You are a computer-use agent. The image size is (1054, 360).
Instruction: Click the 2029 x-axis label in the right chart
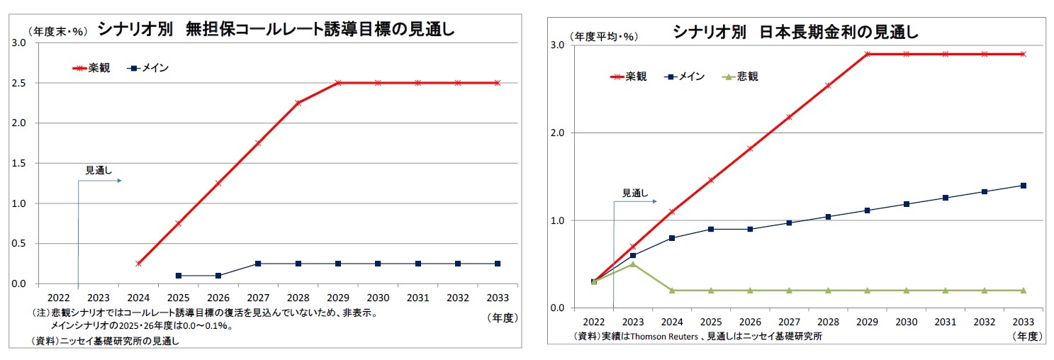[x=867, y=320]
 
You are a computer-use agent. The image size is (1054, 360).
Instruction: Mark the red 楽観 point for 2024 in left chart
[x=138, y=264]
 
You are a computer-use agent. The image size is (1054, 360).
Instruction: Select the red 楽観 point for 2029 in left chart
[x=338, y=83]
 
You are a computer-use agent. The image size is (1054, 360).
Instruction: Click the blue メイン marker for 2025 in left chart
[x=178, y=276]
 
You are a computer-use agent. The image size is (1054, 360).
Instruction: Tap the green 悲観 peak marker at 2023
[x=632, y=264]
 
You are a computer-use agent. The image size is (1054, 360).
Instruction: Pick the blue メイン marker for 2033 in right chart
[x=1023, y=186]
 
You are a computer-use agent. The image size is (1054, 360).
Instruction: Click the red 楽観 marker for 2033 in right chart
[x=1023, y=54]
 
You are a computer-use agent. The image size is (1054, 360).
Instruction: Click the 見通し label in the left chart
[x=99, y=170]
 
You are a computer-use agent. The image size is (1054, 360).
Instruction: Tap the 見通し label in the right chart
[x=635, y=192]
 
